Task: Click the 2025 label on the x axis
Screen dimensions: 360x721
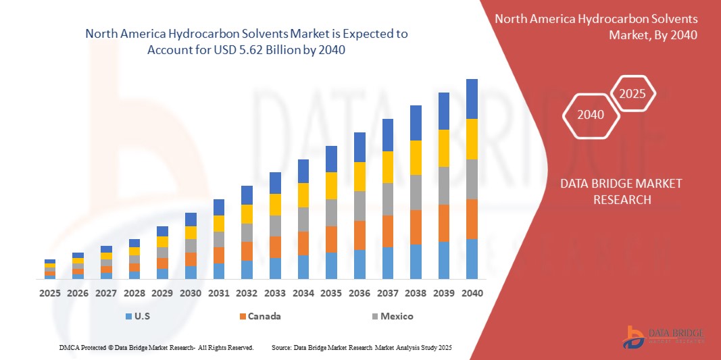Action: click(50, 293)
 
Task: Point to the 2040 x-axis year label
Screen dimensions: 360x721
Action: click(472, 293)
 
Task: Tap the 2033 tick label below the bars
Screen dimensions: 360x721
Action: click(275, 293)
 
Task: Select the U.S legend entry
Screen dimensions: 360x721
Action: click(139, 316)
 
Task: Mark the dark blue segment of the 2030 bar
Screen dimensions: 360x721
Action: click(191, 219)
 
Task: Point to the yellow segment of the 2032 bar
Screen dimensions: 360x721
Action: click(247, 213)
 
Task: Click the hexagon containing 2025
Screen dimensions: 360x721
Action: click(633, 95)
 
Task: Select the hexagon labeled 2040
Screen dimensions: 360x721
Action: click(592, 115)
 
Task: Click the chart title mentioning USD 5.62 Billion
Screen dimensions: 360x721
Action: click(247, 42)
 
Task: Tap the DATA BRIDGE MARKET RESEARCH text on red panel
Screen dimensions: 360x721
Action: click(621, 191)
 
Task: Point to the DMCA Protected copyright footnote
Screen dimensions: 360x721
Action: click(156, 347)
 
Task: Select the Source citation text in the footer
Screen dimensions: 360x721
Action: click(361, 347)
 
